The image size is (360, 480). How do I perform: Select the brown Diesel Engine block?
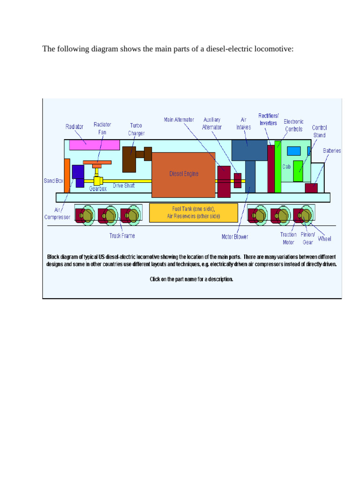tap(184, 174)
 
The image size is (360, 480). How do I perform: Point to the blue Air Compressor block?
tap(78, 175)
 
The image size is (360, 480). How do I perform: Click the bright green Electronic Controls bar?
tap(278, 166)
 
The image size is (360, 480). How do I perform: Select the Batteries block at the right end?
tap(311, 187)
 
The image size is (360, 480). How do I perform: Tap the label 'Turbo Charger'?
tap(136, 129)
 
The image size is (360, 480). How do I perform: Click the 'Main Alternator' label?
tap(179, 120)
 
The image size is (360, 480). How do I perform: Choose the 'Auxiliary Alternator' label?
tap(212, 123)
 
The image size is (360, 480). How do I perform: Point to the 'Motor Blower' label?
tap(235, 237)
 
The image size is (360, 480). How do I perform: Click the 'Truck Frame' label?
tap(122, 236)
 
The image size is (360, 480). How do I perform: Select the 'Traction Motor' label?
tap(288, 238)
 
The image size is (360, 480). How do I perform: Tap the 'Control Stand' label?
tap(319, 131)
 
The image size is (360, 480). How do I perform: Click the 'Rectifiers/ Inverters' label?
tap(269, 119)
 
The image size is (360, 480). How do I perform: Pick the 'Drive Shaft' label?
tap(124, 186)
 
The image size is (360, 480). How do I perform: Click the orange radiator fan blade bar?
tap(97, 162)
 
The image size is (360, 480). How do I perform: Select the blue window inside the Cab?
tap(293, 151)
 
